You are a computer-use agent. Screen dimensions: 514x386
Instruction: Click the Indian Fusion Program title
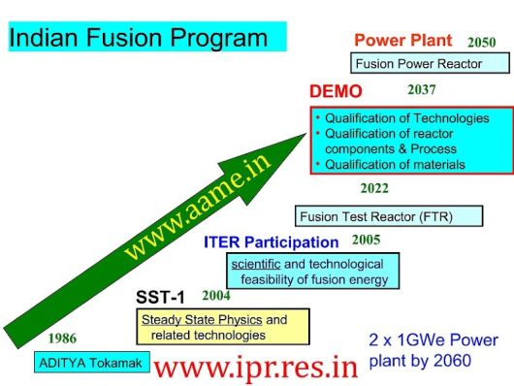[139, 37]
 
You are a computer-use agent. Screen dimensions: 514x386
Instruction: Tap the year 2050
[482, 43]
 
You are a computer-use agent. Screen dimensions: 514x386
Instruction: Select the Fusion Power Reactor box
[430, 63]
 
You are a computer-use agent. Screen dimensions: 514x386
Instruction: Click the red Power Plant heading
[403, 41]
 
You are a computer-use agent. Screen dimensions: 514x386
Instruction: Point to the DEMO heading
[336, 91]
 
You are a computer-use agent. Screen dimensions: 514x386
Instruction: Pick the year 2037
[422, 90]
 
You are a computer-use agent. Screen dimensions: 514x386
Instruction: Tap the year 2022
[374, 188]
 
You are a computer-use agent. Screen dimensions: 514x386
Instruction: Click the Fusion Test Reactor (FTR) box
[389, 216]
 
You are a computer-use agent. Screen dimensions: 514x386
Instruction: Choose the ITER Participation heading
[272, 242]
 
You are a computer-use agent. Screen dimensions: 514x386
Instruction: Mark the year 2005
[367, 241]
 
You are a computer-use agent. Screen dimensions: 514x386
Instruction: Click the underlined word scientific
[256, 264]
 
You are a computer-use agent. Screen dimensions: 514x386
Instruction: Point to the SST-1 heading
[160, 297]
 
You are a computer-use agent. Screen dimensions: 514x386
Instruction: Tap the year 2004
[216, 296]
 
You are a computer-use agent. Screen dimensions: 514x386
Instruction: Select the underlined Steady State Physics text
[202, 320]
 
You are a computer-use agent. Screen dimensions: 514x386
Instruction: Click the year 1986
[62, 338]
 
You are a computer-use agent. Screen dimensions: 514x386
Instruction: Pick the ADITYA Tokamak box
[92, 363]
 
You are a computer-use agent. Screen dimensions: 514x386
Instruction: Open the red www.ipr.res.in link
[256, 368]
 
